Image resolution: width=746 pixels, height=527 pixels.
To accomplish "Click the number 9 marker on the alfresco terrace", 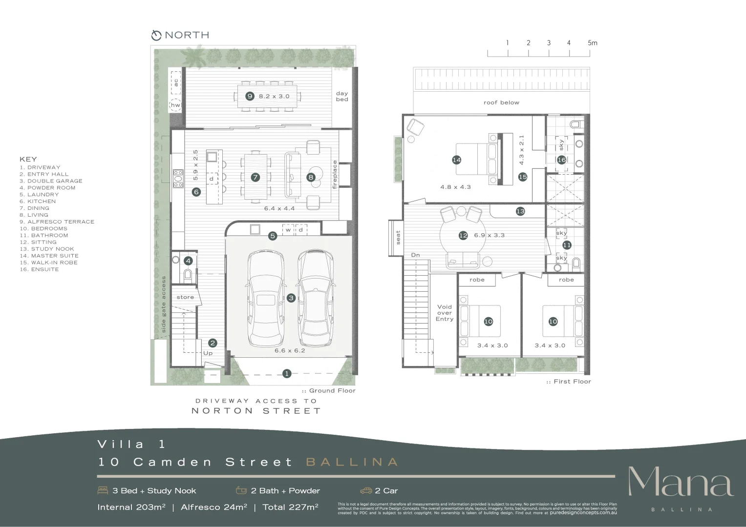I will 250,96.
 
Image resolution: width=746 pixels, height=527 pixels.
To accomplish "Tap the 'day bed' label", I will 342,96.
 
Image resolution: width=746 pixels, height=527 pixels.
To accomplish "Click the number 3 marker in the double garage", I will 291,298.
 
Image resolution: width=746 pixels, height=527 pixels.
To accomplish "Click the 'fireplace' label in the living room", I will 335,175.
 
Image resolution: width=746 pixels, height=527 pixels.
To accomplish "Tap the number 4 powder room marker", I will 189,261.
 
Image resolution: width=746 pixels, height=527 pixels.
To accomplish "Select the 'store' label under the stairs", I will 185,297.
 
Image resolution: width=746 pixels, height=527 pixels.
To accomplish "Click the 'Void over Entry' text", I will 445,313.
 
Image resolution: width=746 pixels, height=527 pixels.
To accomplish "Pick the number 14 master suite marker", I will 457,160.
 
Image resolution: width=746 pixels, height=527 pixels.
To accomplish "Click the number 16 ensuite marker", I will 562,160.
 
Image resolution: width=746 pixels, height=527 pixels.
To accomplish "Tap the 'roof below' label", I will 501,102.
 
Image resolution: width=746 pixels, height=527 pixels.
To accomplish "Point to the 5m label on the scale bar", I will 592,43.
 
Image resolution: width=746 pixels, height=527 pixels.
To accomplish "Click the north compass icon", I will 156,35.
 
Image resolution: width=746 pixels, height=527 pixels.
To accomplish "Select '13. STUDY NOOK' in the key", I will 47,249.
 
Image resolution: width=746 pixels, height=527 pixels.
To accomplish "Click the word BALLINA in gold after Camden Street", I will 352,462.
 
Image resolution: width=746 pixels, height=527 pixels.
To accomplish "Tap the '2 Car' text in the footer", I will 386,491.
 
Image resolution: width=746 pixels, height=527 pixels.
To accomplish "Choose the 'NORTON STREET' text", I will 256,411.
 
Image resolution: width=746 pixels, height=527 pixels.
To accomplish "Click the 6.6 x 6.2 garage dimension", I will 290,350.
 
